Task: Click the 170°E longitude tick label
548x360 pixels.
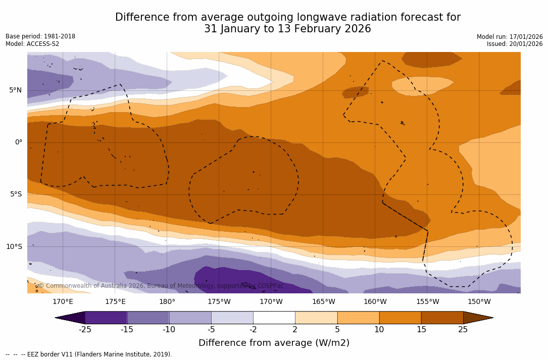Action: (63, 302)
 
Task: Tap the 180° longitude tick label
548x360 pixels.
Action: (167, 302)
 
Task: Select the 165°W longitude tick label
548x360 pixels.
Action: (323, 302)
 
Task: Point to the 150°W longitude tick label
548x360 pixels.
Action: (479, 302)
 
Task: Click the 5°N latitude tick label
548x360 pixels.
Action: (15, 90)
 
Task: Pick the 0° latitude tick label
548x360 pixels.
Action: (19, 142)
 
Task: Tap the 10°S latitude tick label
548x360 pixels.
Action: (14, 247)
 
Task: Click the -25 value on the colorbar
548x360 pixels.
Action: (85, 330)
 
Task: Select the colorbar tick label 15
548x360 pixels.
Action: (421, 330)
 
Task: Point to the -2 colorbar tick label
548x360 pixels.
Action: (253, 330)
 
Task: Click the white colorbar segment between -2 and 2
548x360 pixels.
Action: (274, 318)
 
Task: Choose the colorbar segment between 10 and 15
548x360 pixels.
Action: (400, 318)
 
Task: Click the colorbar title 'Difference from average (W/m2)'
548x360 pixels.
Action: (274, 343)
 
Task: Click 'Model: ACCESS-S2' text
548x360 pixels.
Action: (32, 44)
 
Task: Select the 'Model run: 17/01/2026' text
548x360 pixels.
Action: (510, 37)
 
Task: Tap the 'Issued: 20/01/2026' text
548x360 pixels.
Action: (515, 44)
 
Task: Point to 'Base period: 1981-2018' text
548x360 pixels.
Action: (40, 36)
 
